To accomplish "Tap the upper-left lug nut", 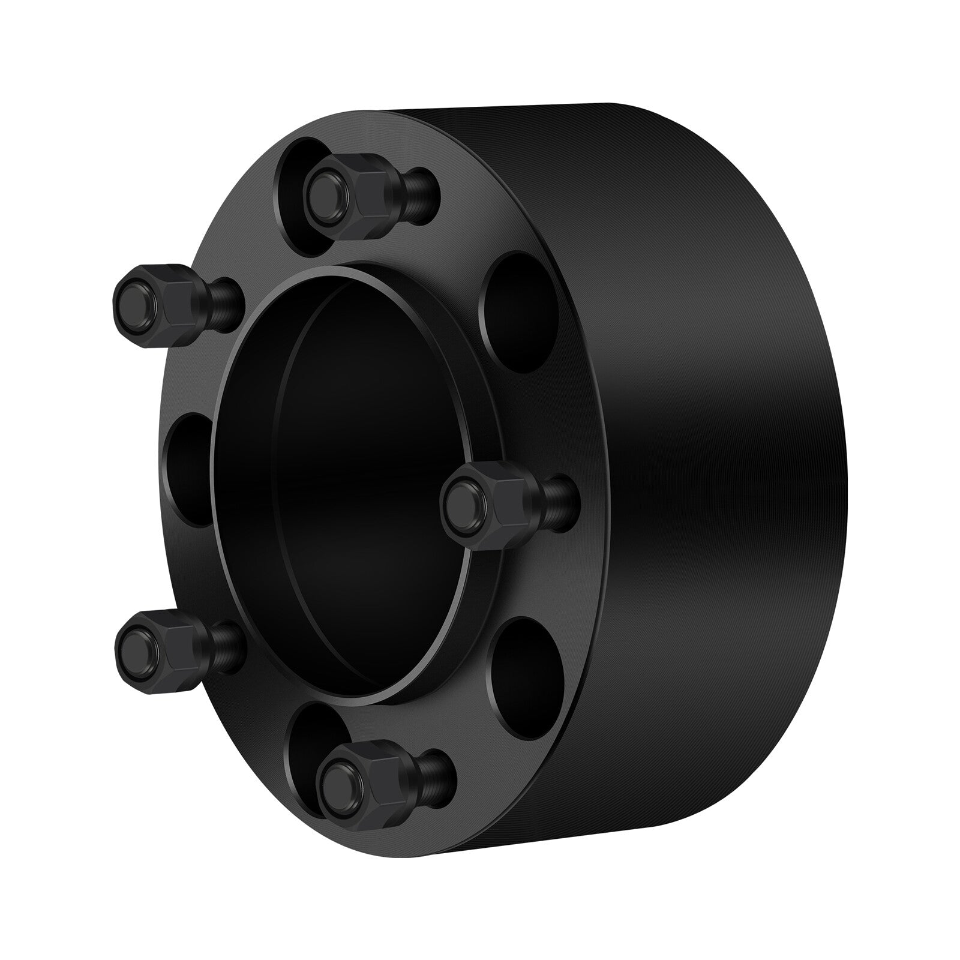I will point(162,294).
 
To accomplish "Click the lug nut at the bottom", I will point(366,780).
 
